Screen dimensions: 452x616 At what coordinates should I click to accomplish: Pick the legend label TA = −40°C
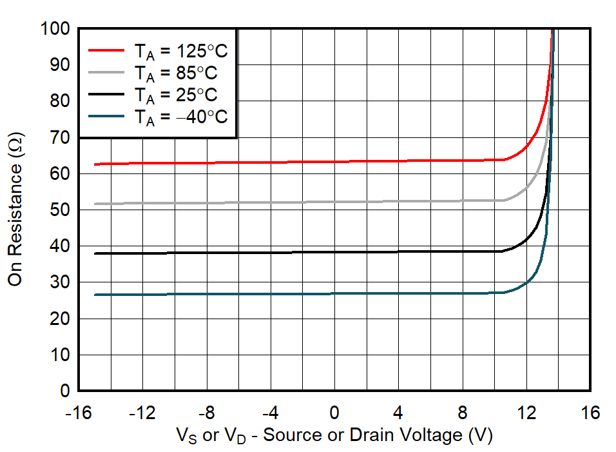click(x=180, y=117)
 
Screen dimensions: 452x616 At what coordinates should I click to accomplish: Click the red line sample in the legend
click(x=105, y=50)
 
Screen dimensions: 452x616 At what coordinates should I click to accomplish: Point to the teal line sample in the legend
click(x=105, y=115)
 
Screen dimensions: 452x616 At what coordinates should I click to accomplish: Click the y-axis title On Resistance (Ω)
click(x=16, y=210)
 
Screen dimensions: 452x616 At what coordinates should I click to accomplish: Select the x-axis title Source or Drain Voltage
click(x=334, y=435)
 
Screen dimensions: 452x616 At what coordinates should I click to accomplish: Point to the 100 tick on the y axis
click(x=57, y=29)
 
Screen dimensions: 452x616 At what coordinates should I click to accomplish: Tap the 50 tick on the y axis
click(x=61, y=210)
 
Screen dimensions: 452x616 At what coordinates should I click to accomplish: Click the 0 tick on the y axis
click(x=65, y=391)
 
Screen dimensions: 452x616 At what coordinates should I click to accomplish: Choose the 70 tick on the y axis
click(x=61, y=137)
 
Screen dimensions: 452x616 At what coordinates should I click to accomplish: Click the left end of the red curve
click(x=95, y=164)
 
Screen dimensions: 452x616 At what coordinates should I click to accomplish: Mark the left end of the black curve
click(x=95, y=253)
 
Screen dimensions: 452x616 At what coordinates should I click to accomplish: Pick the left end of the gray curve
click(x=95, y=204)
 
